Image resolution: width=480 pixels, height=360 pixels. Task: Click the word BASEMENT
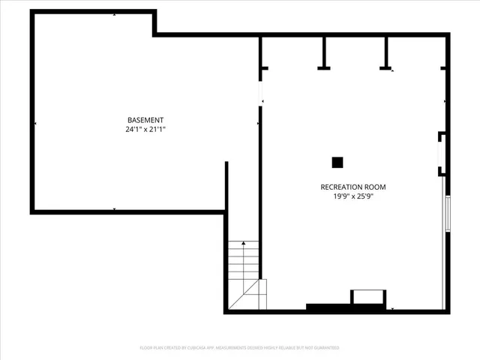pyautogui.click(x=145, y=120)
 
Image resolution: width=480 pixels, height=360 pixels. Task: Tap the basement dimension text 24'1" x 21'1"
pyautogui.click(x=145, y=129)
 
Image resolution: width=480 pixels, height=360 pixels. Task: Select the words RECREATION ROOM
pyautogui.click(x=352, y=187)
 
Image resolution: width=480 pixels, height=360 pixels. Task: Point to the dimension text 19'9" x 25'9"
pyautogui.click(x=352, y=196)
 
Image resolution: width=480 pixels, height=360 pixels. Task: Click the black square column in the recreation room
pyautogui.click(x=337, y=161)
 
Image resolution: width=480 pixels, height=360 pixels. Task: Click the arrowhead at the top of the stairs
pyautogui.click(x=244, y=242)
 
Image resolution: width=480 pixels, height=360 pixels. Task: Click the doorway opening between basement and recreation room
pyautogui.click(x=260, y=92)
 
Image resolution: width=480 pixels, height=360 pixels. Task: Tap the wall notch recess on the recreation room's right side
pyautogui.click(x=442, y=154)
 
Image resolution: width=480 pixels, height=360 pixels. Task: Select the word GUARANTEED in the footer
pyautogui.click(x=325, y=348)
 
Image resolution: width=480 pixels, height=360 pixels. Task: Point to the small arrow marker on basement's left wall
pyautogui.click(x=35, y=123)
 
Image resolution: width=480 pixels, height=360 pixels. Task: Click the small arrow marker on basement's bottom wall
pyautogui.click(x=114, y=209)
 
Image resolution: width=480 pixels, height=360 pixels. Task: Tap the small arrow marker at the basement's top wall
pyautogui.click(x=114, y=14)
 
